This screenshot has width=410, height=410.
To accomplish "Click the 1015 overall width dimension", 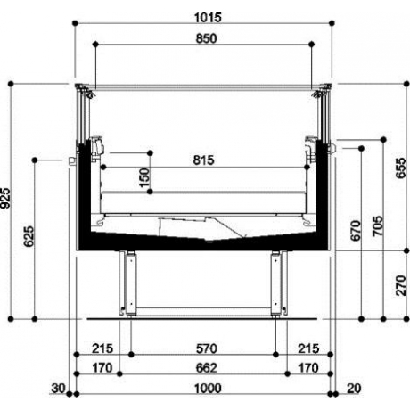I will coord(206,16).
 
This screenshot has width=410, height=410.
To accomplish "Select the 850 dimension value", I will coord(206,37).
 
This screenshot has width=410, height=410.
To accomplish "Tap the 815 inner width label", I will coord(206,160).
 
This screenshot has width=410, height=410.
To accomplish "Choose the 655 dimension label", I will coord(403,168).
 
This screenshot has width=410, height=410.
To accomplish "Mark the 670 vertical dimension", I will coord(357,229).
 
